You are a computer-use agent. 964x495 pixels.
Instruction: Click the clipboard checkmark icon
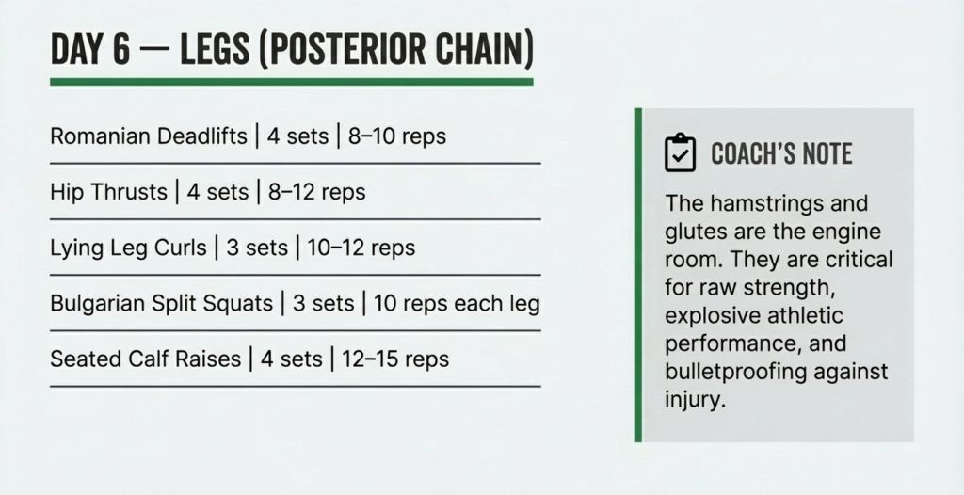point(680,152)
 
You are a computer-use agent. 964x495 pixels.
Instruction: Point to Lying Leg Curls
point(127,248)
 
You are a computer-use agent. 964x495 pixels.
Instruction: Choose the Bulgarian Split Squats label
point(162,304)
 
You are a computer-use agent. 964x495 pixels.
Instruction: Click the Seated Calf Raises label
point(145,359)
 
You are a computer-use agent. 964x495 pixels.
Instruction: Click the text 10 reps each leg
point(456,304)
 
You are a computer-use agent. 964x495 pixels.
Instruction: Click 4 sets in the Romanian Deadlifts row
point(297,136)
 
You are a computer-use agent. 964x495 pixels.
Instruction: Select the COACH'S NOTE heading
point(781,153)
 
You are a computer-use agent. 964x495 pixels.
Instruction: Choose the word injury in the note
point(694,399)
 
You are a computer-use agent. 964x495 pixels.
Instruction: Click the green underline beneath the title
point(292,82)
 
